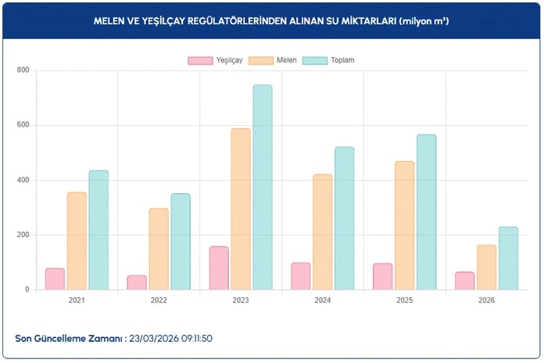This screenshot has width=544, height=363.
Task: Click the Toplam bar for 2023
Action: [263, 188]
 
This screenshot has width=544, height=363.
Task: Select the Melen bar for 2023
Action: [241, 209]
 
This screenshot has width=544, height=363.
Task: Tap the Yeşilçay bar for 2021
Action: [55, 279]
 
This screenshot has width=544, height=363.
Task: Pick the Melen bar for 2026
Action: [486, 268]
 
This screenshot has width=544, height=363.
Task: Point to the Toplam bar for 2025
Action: [426, 212]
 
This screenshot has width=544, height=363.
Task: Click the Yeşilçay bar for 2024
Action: [301, 276]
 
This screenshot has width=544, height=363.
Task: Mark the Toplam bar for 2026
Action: [508, 258]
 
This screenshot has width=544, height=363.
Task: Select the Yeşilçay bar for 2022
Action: [137, 282]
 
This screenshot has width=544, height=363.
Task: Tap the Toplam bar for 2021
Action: [98, 230]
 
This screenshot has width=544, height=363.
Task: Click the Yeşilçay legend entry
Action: [215, 60]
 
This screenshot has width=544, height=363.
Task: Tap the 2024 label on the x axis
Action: [323, 300]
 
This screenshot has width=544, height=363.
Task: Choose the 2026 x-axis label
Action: [486, 300]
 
